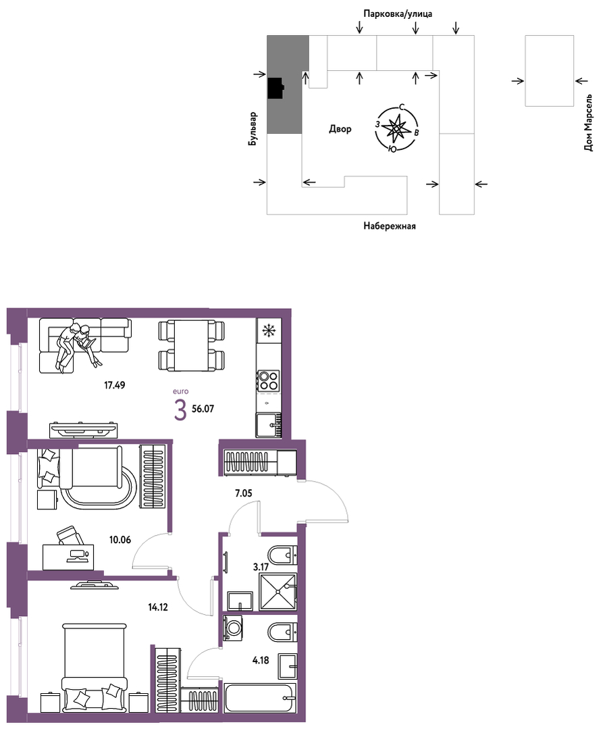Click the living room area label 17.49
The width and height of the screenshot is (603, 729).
point(114,385)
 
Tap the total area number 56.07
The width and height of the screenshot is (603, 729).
point(203,409)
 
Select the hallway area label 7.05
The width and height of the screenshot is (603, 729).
point(244,493)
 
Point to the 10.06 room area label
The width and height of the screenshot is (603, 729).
point(120,540)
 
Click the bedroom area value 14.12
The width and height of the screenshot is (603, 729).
point(157,606)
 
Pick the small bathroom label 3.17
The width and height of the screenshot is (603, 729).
point(261,567)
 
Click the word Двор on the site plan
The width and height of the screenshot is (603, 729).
point(340,129)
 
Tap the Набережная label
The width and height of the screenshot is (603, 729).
point(390,226)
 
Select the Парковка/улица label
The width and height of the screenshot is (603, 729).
point(398,14)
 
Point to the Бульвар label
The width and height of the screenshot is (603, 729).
point(253,129)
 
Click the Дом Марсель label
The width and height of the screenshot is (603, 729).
point(589,123)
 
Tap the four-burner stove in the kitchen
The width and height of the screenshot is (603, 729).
point(269,380)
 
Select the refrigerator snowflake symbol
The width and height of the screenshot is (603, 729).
point(268,330)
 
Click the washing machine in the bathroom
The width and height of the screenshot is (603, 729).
point(233,628)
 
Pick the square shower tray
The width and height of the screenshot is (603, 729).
point(277,591)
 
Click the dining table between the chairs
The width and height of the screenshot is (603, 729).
point(191,345)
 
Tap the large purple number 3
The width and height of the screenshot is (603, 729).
point(180,410)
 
